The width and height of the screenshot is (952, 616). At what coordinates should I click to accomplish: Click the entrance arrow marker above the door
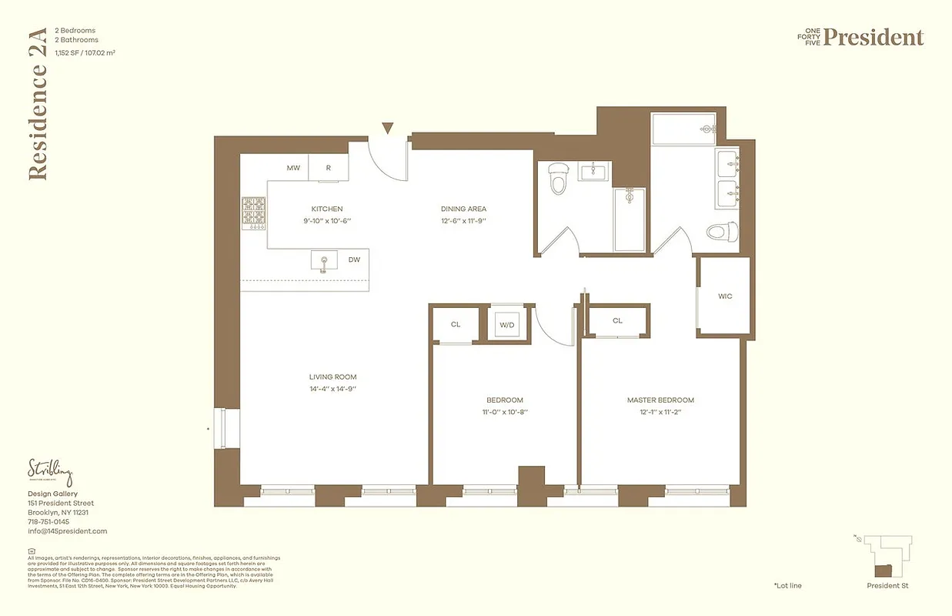(x=388, y=129)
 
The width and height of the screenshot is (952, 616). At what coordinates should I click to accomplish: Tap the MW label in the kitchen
(x=293, y=168)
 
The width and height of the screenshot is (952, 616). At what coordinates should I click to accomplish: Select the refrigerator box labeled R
(x=329, y=168)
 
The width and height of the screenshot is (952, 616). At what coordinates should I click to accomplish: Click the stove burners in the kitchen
(x=254, y=212)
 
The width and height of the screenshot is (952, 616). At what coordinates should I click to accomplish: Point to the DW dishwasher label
(x=354, y=260)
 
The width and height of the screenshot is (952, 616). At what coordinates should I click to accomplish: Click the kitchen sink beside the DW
(x=324, y=261)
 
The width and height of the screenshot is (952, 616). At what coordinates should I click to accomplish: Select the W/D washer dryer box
(x=506, y=325)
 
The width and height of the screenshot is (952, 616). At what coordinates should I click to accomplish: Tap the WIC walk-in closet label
(x=725, y=296)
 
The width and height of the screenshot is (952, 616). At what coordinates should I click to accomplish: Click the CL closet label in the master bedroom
(x=617, y=320)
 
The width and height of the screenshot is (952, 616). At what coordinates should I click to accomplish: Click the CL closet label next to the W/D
(x=456, y=324)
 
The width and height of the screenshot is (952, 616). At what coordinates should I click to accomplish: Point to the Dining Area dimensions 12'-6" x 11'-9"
(x=463, y=221)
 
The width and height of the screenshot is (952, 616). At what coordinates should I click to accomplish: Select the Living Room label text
(x=332, y=377)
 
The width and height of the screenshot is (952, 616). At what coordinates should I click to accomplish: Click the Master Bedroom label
(x=660, y=400)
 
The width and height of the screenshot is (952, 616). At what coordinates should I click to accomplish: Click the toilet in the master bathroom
(x=722, y=230)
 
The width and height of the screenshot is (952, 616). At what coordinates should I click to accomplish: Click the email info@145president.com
(x=67, y=531)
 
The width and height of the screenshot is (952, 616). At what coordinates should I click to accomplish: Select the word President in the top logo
(x=874, y=37)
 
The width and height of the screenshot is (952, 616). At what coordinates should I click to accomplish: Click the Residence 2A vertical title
(x=38, y=104)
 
